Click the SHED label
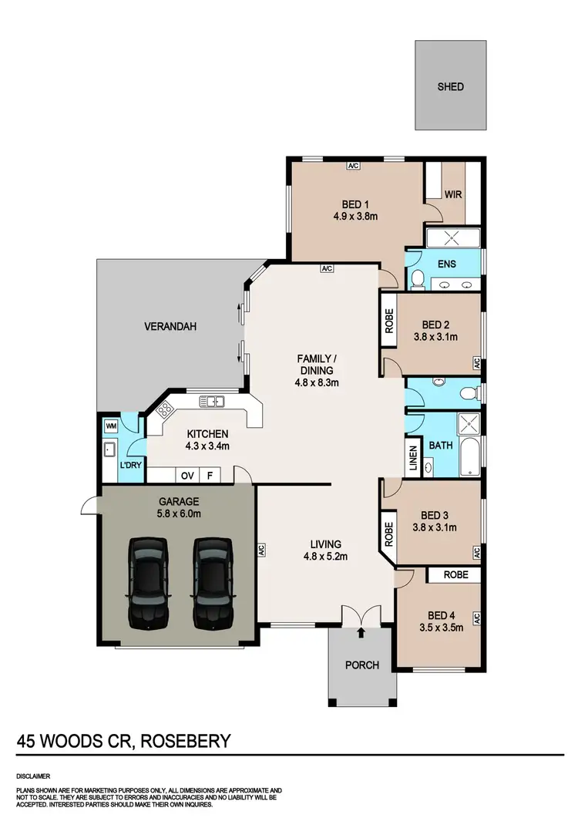coord(451,86)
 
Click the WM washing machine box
coord(110,425)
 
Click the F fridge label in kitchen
coord(209,475)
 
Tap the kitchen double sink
coord(210,401)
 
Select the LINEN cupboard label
coord(412,460)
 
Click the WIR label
coord(453,194)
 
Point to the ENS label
coord(446,264)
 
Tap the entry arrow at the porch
coord(362,633)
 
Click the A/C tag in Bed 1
coord(354,166)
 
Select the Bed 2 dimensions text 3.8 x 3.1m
coord(437,337)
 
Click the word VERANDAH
coord(170,327)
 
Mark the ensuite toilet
coord(416,279)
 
